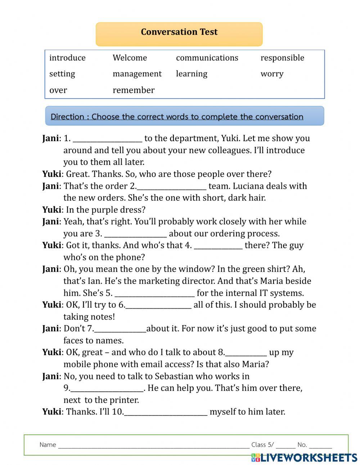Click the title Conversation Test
[179, 32]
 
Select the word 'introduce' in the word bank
[67, 58]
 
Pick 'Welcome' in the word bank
[130, 58]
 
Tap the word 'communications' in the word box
[207, 58]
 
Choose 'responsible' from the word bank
[282, 58]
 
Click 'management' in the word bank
[137, 74]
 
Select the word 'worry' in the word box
[272, 74]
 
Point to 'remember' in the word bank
[134, 90]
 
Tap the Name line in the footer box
[153, 445]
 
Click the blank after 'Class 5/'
[285, 445]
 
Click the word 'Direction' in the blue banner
[67, 117]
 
